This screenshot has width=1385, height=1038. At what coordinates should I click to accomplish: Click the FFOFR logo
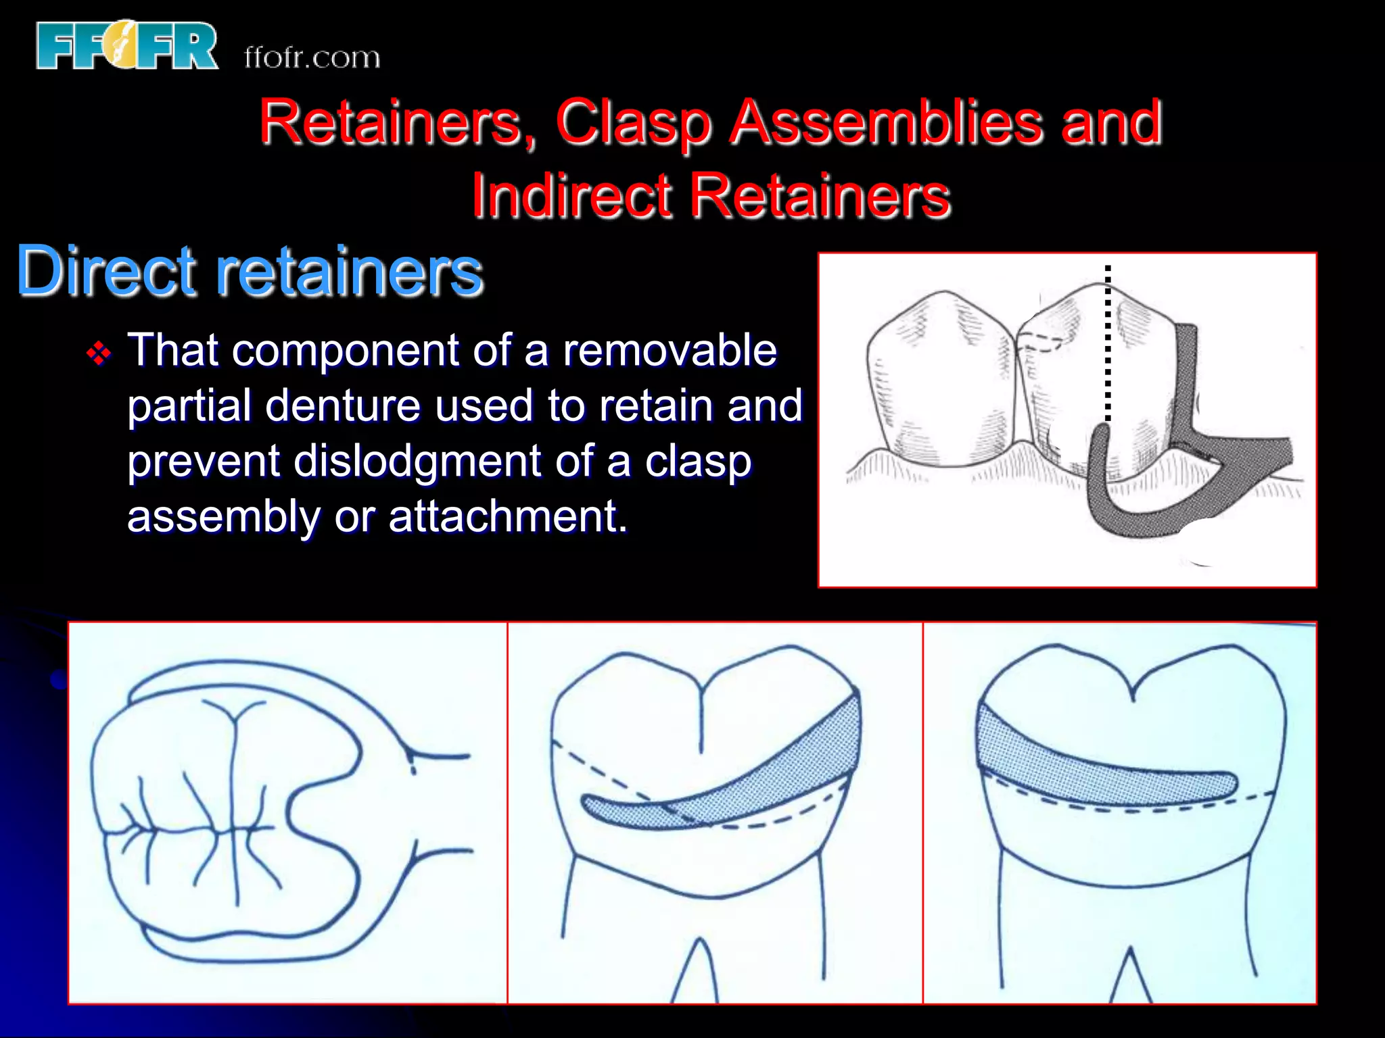pyautogui.click(x=127, y=45)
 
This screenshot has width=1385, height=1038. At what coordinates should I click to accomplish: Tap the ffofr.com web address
pyautogui.click(x=312, y=57)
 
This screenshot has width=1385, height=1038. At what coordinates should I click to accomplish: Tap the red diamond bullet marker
pyautogui.click(x=99, y=353)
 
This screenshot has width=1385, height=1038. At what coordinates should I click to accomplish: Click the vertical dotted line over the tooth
pyautogui.click(x=1108, y=345)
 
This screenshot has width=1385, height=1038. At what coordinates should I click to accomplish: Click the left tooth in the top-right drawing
pyautogui.click(x=940, y=378)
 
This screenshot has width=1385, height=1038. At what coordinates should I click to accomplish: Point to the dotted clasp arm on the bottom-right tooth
pyautogui.click(x=1096, y=770)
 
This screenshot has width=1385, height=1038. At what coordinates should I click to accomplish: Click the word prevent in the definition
pyautogui.click(x=203, y=462)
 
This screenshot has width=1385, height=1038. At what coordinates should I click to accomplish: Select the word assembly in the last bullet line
pyautogui.click(x=223, y=518)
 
